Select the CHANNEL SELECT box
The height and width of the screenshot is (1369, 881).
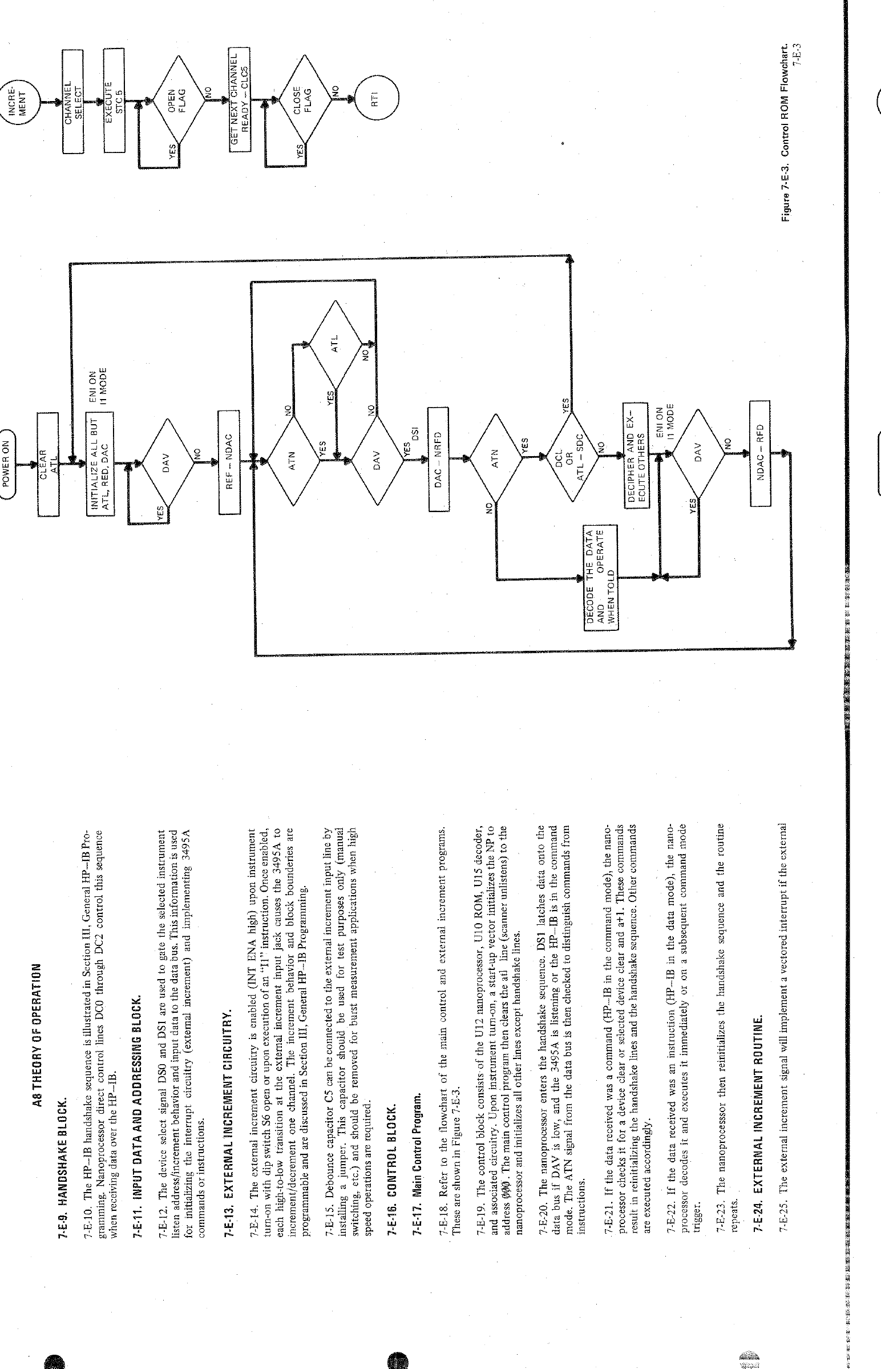coord(72,102)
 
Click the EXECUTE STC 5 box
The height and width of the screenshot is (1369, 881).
coord(114,102)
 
